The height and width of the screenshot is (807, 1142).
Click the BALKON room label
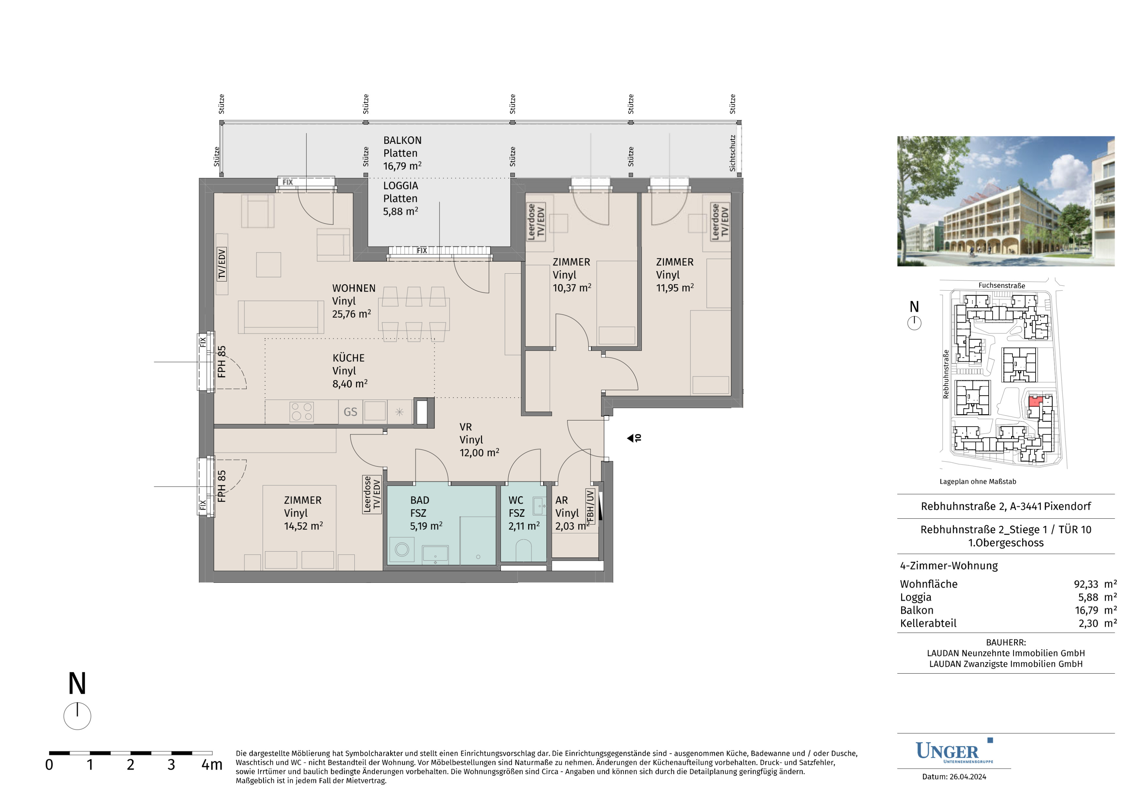402,140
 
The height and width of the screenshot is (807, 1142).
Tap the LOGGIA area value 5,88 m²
400,211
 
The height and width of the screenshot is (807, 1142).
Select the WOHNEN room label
354,288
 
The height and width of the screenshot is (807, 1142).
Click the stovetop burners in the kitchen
301,412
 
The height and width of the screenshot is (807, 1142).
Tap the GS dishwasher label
350,412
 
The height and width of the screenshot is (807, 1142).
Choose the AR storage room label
562,500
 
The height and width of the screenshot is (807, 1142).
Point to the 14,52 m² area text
303,526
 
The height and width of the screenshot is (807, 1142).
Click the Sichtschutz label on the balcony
732,153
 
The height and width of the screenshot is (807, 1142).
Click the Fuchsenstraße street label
1002,285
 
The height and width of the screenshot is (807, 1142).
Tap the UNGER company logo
954,751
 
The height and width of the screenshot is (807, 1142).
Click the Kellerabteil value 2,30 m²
1097,624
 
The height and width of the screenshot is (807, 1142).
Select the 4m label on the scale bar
212,765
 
